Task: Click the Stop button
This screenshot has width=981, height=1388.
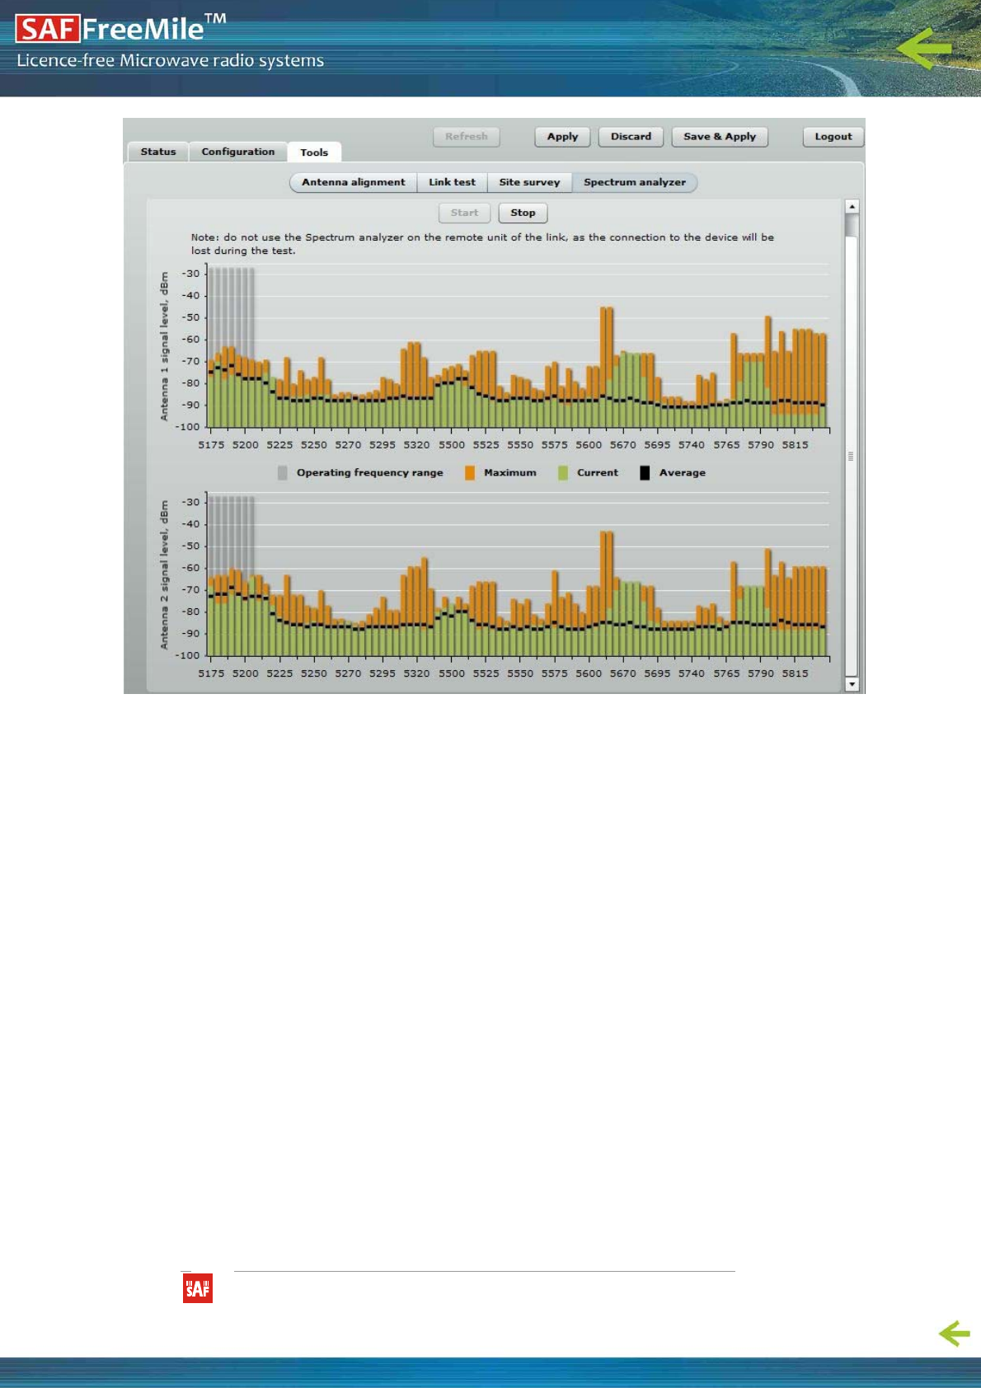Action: [x=523, y=213]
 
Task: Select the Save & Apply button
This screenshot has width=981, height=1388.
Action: [x=719, y=137]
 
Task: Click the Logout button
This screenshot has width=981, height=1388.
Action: [x=833, y=137]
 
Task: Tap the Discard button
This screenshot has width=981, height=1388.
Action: [x=631, y=137]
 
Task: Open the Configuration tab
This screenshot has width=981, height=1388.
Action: [x=237, y=152]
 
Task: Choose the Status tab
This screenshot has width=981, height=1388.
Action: [x=158, y=152]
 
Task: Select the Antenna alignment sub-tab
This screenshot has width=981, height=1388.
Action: [x=353, y=182]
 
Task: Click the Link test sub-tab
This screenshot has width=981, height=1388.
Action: [x=452, y=182]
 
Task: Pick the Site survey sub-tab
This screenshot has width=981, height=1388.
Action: [x=529, y=182]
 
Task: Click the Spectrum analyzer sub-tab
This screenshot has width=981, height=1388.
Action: [x=634, y=182]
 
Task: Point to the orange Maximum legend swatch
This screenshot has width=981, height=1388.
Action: [x=470, y=473]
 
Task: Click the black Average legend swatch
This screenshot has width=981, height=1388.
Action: [x=645, y=473]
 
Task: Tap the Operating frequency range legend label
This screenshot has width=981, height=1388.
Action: [x=369, y=473]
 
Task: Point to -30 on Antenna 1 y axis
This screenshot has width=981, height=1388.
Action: [x=190, y=274]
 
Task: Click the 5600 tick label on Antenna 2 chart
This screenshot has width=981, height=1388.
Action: [x=589, y=673]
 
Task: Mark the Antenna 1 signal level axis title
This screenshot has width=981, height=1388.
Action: [x=164, y=346]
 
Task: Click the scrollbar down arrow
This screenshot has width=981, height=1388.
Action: [x=852, y=684]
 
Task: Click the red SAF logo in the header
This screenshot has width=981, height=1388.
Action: [x=47, y=30]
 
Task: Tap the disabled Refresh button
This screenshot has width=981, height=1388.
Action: [x=466, y=137]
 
